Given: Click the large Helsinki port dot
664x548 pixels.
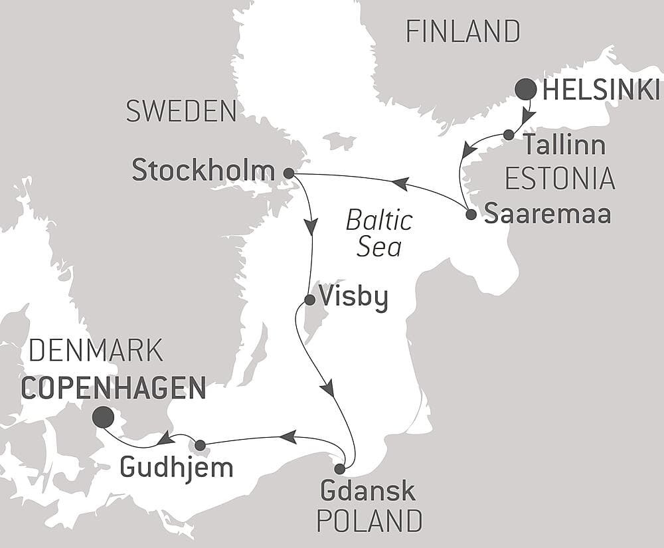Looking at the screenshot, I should tap(527, 89).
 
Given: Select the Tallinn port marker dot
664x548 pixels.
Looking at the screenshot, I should tap(509, 135).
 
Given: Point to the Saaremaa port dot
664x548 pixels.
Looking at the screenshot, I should tap(471, 215).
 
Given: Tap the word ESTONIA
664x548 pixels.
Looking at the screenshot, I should tap(560, 178).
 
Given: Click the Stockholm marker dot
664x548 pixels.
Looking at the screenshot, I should tap(289, 173).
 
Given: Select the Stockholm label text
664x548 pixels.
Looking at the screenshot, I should tap(203, 171).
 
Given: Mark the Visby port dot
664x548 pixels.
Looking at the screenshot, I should tap(309, 300).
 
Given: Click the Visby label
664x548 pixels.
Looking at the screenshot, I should tap(353, 297).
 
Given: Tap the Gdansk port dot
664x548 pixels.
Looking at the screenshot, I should tap(339, 469).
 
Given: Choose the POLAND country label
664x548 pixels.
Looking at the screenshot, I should tap(369, 521).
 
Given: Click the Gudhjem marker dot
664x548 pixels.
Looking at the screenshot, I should tap(200, 445).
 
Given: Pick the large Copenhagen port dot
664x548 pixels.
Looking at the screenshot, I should tap(102, 417).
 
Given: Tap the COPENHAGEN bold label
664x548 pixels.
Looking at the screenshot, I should tap(114, 388).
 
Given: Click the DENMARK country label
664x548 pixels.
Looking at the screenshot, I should tap(96, 351).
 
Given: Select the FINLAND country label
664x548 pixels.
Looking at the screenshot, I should tap(463, 31).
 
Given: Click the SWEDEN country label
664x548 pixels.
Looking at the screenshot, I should tap(181, 111).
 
